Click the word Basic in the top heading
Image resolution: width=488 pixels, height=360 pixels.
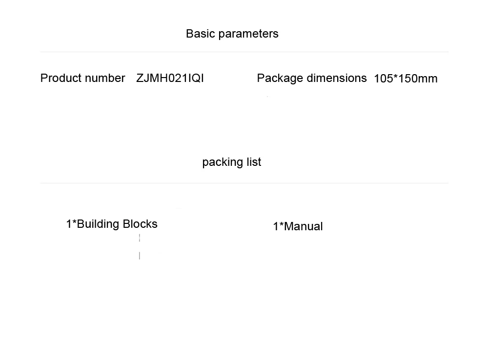coord(201,34)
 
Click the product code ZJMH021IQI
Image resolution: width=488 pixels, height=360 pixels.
coord(170,78)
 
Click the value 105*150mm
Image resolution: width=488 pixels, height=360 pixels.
coord(406,79)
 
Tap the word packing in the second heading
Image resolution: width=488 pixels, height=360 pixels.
coord(221,162)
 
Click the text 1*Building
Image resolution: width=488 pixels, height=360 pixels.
coord(93,224)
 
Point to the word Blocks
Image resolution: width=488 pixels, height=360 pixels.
coord(140,224)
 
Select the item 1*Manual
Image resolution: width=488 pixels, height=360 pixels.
coord(298,226)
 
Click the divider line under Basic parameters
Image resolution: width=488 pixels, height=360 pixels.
coord(244,52)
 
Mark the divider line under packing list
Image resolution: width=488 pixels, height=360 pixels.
coord(244,183)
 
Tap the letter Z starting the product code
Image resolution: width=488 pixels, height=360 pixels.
coord(140,78)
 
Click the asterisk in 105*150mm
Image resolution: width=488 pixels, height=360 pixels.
coord(396,77)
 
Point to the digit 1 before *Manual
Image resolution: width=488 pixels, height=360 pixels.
coord(276,226)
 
